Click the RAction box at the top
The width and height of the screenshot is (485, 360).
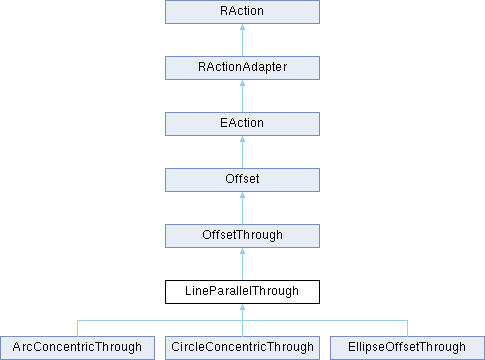tap(242, 12)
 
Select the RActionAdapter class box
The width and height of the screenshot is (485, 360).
tap(242, 68)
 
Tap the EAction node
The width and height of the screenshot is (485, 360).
tap(242, 124)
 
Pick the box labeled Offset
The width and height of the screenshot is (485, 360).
tap(242, 180)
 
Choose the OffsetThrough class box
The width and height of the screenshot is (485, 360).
tap(242, 236)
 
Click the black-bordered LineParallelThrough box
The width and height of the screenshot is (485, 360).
tap(242, 292)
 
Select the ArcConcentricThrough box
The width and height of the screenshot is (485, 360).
tap(78, 348)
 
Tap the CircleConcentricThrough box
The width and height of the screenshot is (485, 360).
tap(242, 348)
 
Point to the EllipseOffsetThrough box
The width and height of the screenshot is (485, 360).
tap(406, 348)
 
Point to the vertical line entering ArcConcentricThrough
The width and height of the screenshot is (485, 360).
tap(78, 328)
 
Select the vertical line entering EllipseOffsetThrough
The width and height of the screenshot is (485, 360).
tap(406, 328)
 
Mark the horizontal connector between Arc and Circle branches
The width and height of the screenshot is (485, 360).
tap(160, 321)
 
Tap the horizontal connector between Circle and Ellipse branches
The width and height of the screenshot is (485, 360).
tap(324, 321)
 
